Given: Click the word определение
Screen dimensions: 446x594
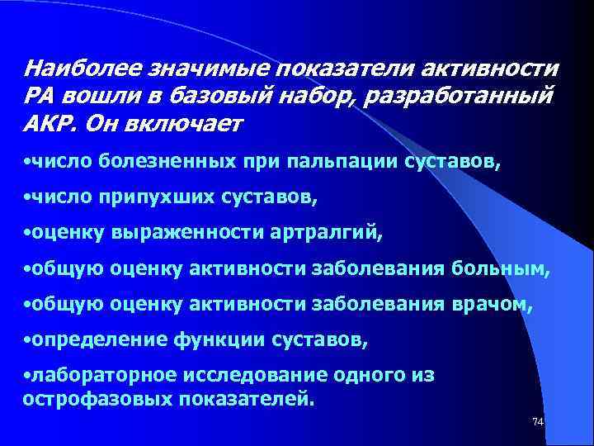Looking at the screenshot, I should tap(88, 339).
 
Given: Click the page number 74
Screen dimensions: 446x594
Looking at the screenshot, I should tap(538, 422).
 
